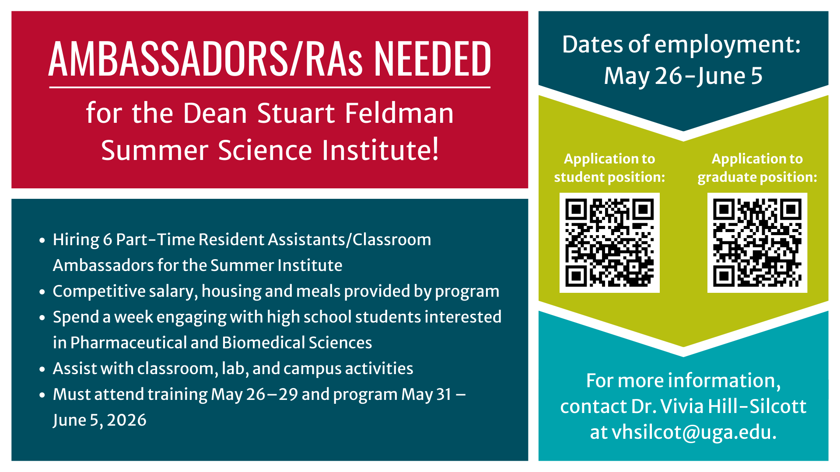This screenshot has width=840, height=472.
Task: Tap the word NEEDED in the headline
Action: pyautogui.click(x=432, y=59)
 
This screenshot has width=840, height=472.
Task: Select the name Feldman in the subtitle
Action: pyautogui.click(x=399, y=113)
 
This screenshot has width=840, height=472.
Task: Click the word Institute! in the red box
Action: pyautogui.click(x=380, y=150)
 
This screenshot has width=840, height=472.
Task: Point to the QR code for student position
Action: pyautogui.click(x=609, y=243)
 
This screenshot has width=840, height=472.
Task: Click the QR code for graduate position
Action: pyautogui.click(x=757, y=243)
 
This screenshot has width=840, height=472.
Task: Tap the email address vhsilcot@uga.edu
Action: pyautogui.click(x=694, y=433)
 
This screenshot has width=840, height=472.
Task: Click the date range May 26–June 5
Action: pyautogui.click(x=683, y=76)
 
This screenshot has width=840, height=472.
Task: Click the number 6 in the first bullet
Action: pyautogui.click(x=107, y=240)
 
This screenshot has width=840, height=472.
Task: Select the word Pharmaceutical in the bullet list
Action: pyautogui.click(x=128, y=343)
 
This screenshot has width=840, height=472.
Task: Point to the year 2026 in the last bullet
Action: pyautogui.click(x=126, y=420)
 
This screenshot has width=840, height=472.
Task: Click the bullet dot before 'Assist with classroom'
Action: pyautogui.click(x=42, y=369)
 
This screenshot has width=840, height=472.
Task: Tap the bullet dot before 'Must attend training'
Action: pyautogui.click(x=42, y=395)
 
